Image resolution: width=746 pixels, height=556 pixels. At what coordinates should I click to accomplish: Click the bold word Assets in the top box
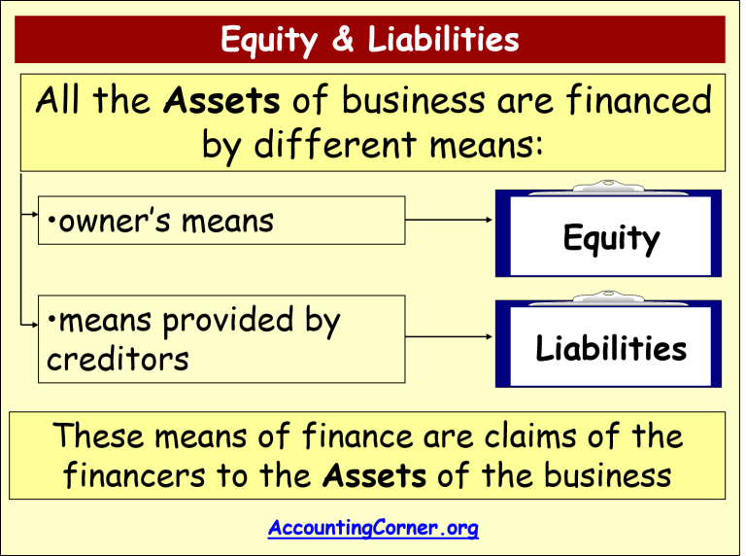(222, 101)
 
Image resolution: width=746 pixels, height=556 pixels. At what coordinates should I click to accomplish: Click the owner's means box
(221, 221)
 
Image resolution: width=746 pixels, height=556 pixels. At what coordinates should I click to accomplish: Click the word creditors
(118, 359)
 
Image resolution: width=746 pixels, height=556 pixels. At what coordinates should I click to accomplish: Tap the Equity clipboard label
(611, 239)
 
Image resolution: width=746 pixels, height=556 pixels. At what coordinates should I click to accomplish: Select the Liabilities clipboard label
(611, 348)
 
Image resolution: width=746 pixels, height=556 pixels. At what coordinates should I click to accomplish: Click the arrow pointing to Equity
(450, 221)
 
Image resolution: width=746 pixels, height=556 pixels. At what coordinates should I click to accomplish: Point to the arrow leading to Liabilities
(450, 337)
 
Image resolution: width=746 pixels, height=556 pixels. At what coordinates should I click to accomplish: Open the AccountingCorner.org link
(373, 529)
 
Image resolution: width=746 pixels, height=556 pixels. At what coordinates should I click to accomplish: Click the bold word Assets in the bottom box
(374, 475)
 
